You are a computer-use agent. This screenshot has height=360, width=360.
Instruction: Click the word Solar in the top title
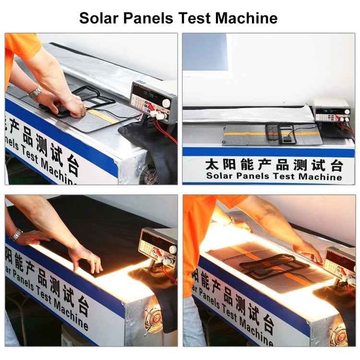pos(100,18)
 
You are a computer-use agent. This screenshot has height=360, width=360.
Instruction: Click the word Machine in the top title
pos(246,18)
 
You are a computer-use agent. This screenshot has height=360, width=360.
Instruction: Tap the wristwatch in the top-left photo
pos(36,91)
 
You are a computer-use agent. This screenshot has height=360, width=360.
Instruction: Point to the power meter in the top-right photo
pos(332,110)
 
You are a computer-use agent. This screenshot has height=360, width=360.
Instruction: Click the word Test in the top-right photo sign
pos(285,176)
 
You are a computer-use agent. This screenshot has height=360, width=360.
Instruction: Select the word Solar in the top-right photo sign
pos(218,176)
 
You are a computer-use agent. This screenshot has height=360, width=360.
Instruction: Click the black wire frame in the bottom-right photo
pos(274,264)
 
